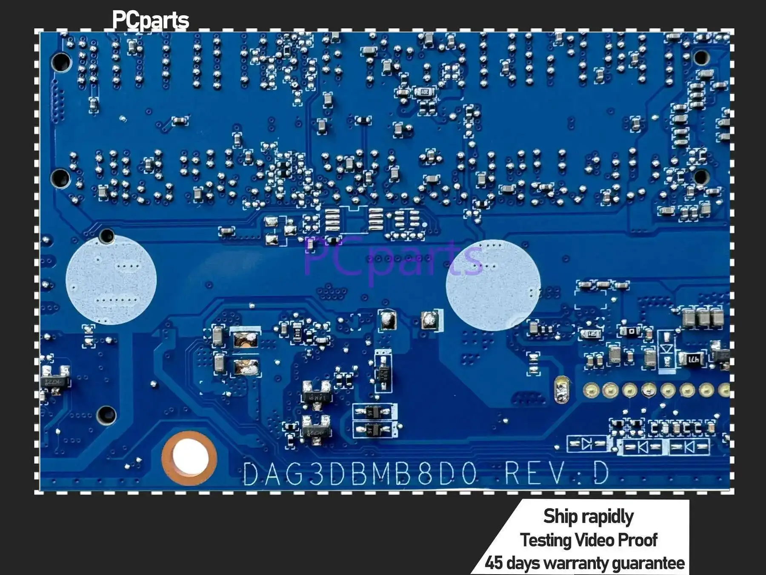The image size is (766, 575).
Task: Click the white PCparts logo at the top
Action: click(150, 20)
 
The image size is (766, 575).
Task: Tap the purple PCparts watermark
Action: click(394, 259)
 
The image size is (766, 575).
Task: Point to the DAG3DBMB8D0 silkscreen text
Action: click(360, 474)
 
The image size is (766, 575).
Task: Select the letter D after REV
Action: click(601, 473)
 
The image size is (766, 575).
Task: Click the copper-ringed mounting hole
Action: click(190, 458)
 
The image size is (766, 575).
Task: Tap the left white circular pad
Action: click(111, 280)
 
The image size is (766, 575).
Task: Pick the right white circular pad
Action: click(493, 285)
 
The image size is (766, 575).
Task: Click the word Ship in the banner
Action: click(560, 516)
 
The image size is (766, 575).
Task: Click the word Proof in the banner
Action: click(637, 540)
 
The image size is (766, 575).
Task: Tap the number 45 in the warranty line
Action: click(494, 563)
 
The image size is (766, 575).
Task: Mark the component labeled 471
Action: click(693, 359)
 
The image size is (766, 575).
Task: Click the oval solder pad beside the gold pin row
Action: click(562, 389)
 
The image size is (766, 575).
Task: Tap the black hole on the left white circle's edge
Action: click(106, 236)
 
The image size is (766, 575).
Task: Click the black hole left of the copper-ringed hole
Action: click(106, 414)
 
